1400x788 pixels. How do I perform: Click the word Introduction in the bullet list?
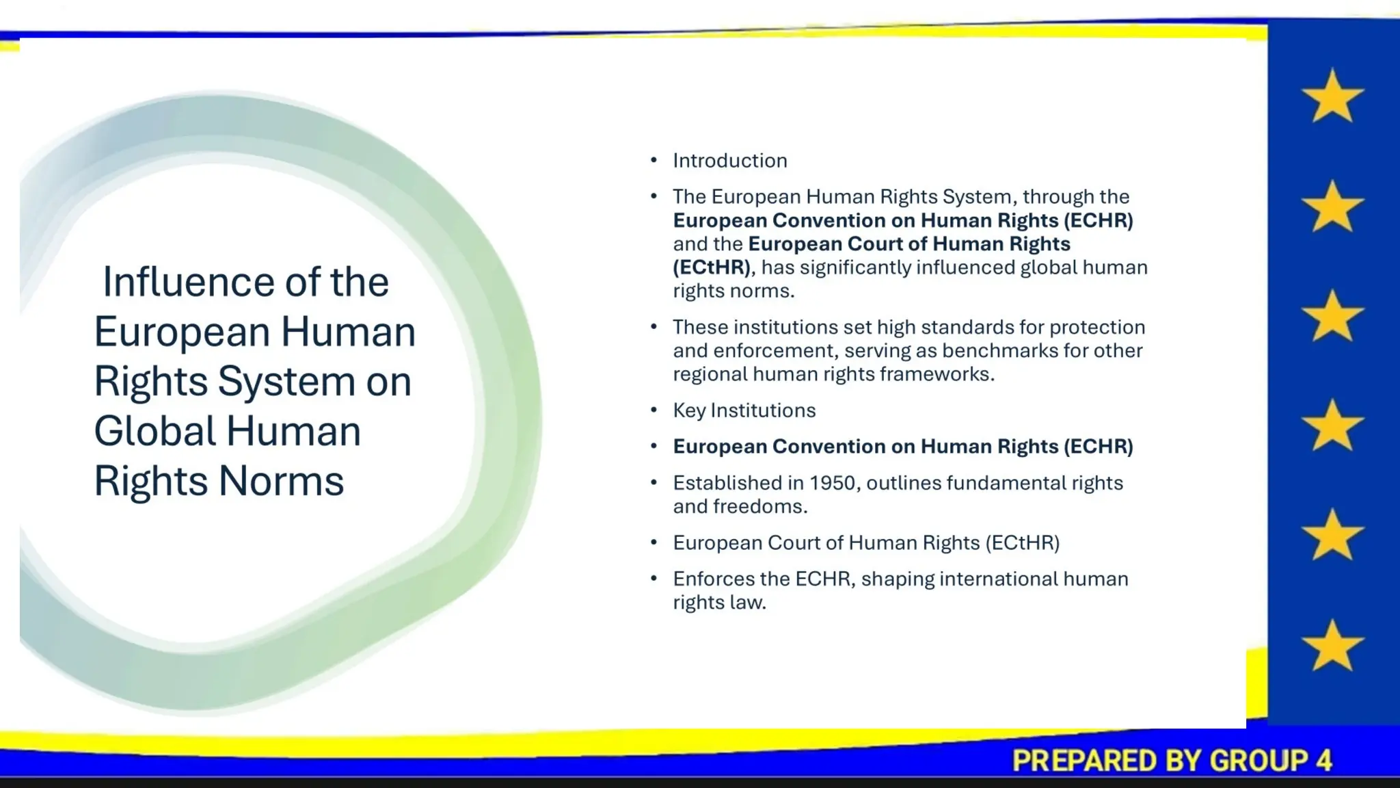pyautogui.click(x=729, y=161)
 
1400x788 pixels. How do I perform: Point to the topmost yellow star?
pyautogui.click(x=1332, y=96)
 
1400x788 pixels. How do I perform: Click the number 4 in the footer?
pyautogui.click(x=1324, y=761)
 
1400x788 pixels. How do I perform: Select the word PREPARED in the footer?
pyautogui.click(x=1074, y=761)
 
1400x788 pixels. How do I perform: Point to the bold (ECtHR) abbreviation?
pyautogui.click(x=712, y=267)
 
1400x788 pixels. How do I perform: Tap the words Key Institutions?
pyautogui.click(x=744, y=410)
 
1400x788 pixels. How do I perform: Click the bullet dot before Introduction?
pyautogui.click(x=654, y=161)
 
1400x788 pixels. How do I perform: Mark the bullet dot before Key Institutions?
pyautogui.click(x=654, y=410)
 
